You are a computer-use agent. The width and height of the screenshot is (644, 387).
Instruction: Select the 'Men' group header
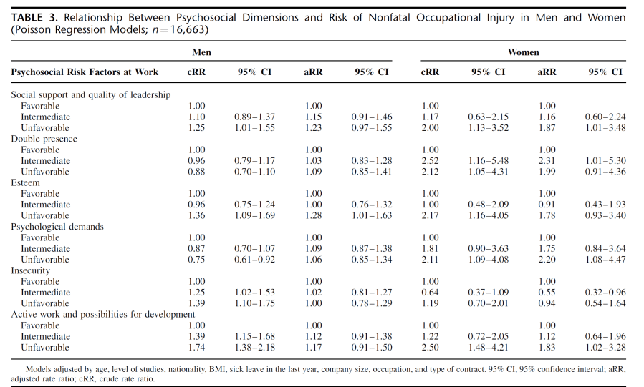pos(201,52)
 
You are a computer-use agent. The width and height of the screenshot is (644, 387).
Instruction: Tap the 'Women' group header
pos(523,52)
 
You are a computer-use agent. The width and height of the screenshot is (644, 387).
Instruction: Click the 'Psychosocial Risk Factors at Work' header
pos(85,72)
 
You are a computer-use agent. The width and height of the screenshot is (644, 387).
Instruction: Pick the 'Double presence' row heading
pos(44,139)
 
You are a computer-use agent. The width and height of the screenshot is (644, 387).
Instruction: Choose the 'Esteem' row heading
pos(26,182)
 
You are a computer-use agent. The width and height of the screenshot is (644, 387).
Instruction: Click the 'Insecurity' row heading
pos(30,270)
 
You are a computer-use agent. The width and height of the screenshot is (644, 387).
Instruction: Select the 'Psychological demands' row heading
pos(57,227)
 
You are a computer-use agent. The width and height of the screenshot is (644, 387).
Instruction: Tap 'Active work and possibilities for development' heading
pos(102,314)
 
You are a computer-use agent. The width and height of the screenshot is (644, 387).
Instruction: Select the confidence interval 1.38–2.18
pos(254,347)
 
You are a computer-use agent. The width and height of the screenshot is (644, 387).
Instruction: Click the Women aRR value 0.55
pos(547,293)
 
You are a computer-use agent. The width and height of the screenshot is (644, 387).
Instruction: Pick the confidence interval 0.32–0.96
pos(605,293)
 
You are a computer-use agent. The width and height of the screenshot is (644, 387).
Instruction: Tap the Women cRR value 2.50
pos(430,347)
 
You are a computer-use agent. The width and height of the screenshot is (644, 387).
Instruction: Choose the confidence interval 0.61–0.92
pos(254,260)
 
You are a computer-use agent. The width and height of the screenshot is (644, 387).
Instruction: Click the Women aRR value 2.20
pos(547,260)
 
